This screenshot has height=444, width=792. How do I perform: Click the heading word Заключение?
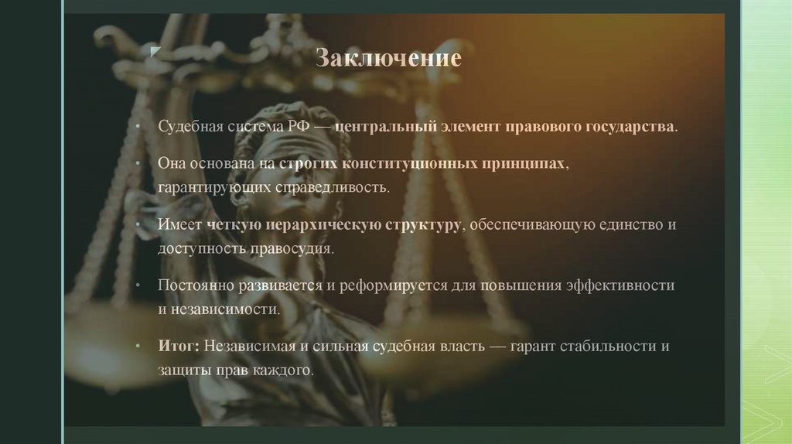point(388,58)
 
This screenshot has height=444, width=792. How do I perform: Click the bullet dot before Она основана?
point(136,166)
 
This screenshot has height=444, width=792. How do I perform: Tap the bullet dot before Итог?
point(136,347)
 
